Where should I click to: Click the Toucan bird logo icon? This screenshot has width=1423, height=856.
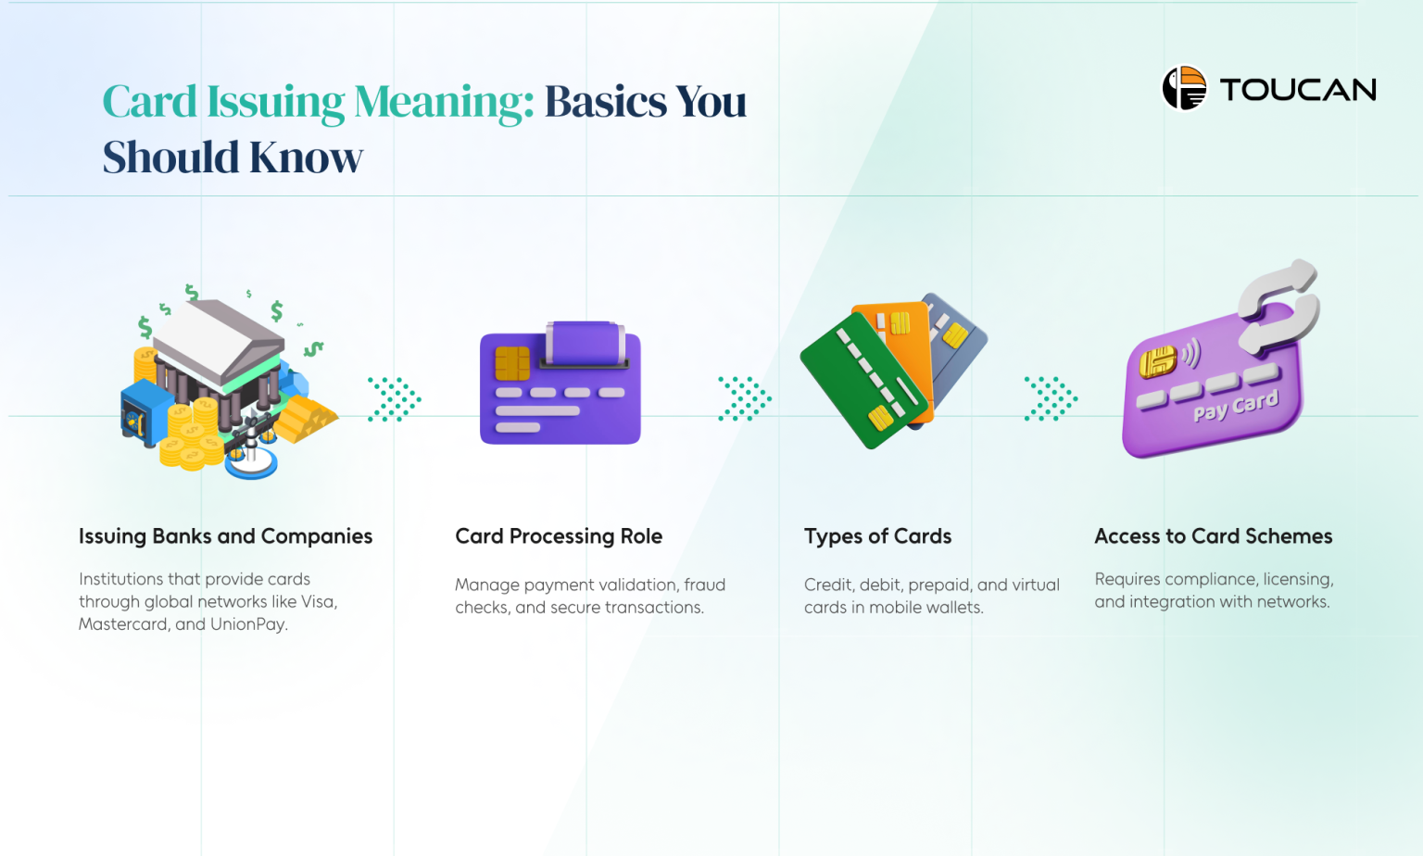click(1184, 88)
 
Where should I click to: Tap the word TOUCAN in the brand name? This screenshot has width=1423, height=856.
click(1298, 90)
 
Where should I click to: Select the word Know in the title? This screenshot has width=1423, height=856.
click(306, 157)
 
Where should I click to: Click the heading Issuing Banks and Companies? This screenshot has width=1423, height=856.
click(225, 536)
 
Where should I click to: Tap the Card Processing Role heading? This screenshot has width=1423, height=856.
click(559, 536)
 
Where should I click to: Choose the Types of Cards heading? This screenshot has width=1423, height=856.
click(877, 536)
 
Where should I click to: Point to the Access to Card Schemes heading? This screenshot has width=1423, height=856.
click(1213, 536)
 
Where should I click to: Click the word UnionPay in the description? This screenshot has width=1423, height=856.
click(248, 624)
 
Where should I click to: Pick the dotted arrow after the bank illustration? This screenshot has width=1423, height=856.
click(395, 399)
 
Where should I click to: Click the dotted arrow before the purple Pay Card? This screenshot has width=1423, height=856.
click(1051, 399)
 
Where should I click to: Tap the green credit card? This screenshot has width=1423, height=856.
click(862, 380)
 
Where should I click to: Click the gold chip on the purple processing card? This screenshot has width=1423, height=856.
click(511, 363)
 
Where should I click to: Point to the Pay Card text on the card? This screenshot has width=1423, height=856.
click(1235, 406)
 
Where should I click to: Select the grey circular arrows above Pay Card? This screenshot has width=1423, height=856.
click(1279, 306)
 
